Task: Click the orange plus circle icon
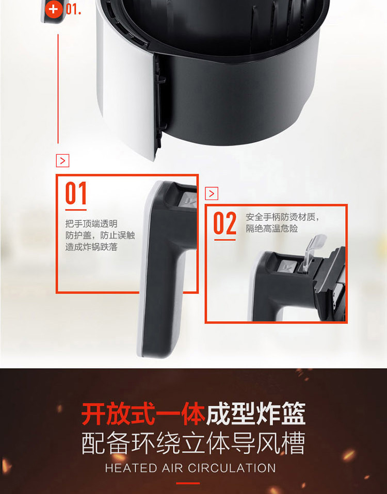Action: pos(54,9)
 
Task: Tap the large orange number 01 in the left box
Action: pos(76,193)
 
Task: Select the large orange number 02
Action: pos(224,223)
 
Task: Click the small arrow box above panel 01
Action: pos(62,161)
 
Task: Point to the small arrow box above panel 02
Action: pos(212,193)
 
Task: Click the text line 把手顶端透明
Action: pos(91,224)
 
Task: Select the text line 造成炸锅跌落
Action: pos(91,247)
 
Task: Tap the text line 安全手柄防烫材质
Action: pos(281,217)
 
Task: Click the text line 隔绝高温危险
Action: pos(271,228)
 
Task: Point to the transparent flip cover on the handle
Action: pos(311,251)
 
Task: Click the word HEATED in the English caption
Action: pos(131,468)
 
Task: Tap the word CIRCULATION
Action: pos(232,468)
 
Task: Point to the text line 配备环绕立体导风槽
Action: pos(193,443)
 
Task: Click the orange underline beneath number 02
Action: pos(225,240)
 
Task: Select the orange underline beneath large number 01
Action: pos(76,209)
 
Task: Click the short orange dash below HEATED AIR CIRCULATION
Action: pos(188,483)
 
